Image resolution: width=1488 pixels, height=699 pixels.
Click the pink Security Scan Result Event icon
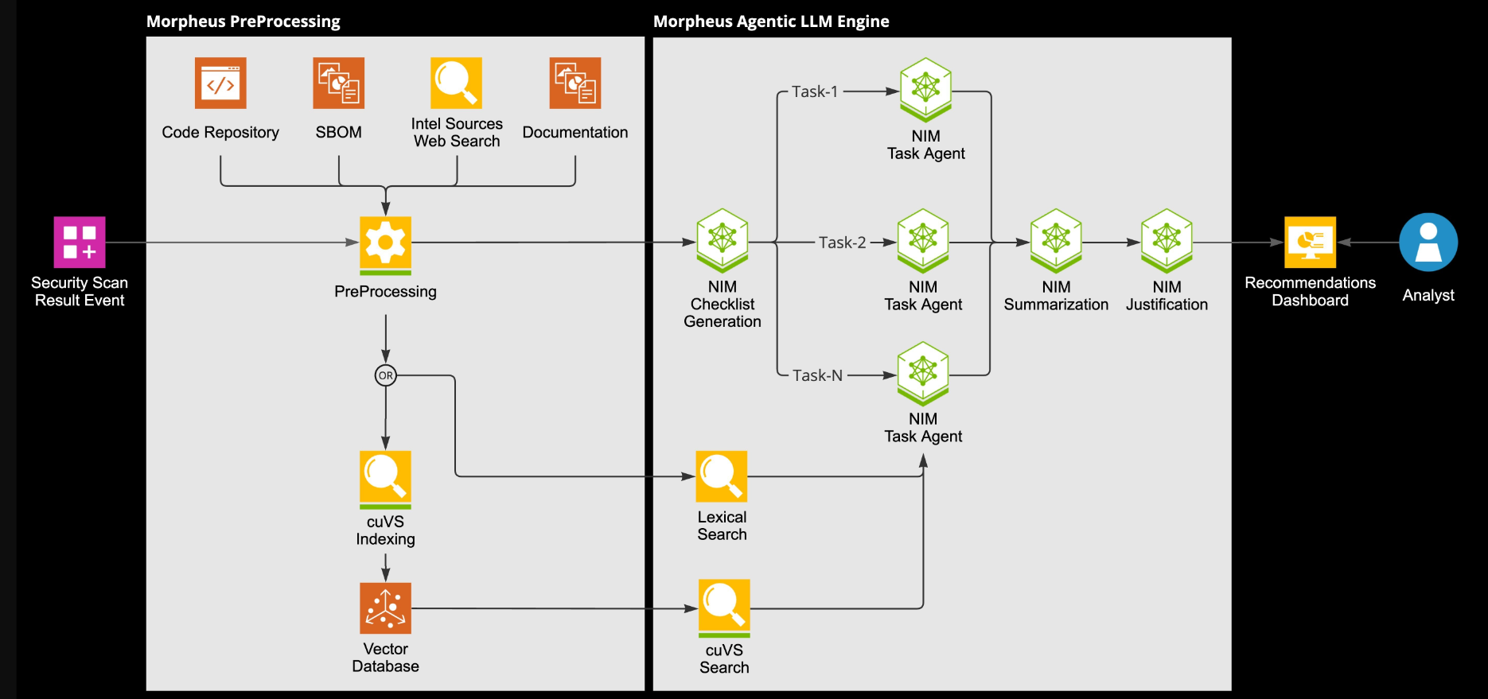(x=80, y=242)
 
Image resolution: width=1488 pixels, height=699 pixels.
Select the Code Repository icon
(x=220, y=83)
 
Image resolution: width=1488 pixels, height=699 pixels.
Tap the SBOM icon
(x=338, y=83)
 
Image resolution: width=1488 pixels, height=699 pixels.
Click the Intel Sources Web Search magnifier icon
(x=456, y=83)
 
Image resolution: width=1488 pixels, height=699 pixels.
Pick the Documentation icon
(x=575, y=83)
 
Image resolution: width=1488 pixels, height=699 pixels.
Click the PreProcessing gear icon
(x=385, y=243)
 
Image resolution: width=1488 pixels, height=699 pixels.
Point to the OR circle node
(x=385, y=375)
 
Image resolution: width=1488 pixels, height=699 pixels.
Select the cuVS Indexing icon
(x=385, y=478)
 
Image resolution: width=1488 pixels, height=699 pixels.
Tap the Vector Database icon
(x=385, y=608)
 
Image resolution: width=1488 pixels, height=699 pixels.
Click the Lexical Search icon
(x=722, y=476)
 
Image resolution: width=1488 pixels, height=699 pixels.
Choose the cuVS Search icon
(x=724, y=606)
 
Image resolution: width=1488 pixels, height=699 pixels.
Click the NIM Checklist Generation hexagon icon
(x=722, y=239)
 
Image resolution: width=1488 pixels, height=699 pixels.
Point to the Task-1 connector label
(x=815, y=91)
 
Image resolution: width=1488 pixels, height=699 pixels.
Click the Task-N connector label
(x=817, y=375)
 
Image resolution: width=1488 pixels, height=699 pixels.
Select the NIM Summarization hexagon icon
(x=1056, y=239)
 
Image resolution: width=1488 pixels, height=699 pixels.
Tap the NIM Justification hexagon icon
(x=1167, y=239)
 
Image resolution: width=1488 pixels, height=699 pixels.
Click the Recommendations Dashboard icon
(x=1310, y=242)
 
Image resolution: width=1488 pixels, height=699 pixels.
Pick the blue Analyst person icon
(x=1428, y=242)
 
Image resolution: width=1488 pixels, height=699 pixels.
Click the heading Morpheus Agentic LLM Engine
(x=770, y=21)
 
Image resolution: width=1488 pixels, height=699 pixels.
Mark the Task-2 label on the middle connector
(x=842, y=243)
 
